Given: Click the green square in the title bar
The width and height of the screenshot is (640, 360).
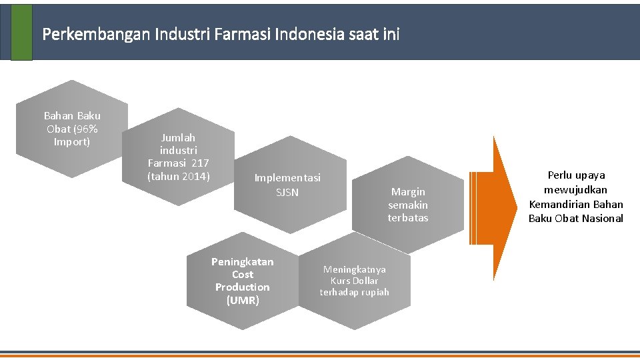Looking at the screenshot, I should point(21,32).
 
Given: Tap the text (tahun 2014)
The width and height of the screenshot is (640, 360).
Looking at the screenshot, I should point(179,176).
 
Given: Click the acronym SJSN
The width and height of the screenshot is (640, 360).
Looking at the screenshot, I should point(287,193).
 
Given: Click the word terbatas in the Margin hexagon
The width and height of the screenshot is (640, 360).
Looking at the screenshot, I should point(408,218).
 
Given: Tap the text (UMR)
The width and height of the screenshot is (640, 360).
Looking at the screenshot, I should point(242,300).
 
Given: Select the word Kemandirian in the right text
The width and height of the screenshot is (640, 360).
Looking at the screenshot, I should point(561,204).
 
